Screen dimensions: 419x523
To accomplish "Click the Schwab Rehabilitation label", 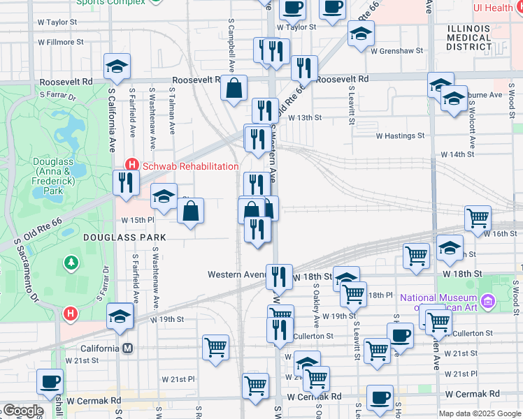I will pos(190,166).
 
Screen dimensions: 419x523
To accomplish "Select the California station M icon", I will pos(128,348).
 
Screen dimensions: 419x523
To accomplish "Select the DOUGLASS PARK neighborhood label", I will pos(124,237).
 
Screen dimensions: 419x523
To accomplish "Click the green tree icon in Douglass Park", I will pos(71,263).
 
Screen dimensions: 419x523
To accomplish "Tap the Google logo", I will pos(22,411).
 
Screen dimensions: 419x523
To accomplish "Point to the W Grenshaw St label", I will pos(397,50).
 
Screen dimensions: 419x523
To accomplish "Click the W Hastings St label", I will pos(400,136).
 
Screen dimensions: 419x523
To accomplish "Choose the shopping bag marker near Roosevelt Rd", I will pos(236,88).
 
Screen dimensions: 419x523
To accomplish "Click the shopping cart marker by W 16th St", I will pos(478,218).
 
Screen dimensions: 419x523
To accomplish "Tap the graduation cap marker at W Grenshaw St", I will pos(360,34).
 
